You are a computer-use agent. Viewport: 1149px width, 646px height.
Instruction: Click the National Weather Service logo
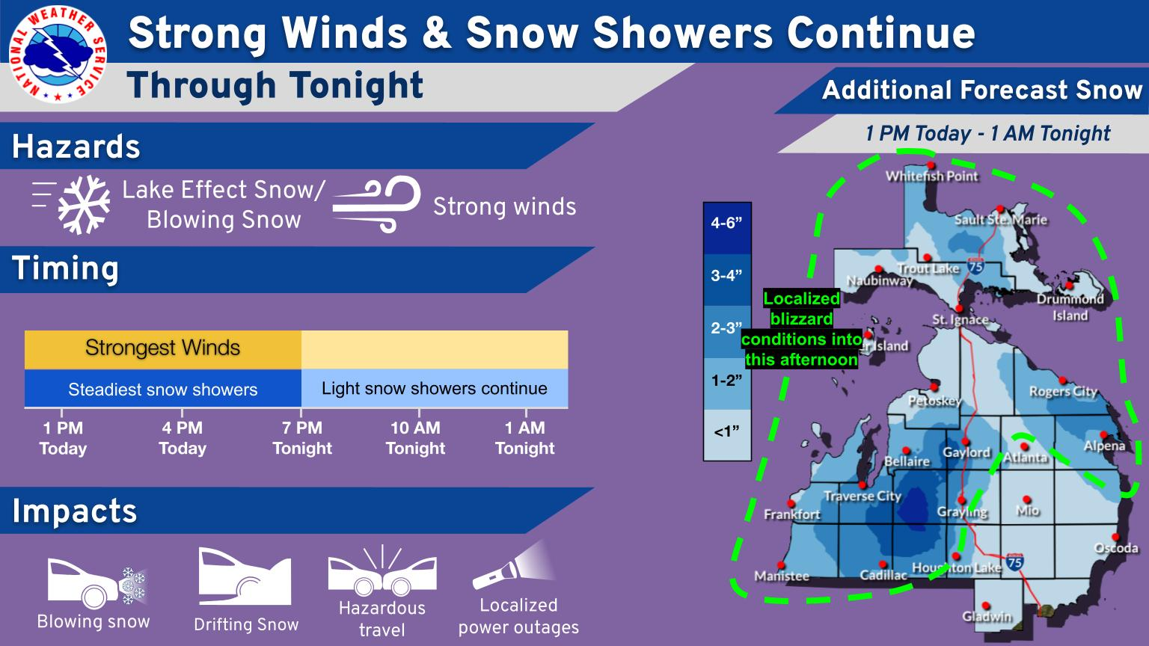58,55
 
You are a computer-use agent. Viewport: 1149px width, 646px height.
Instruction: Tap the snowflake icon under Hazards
84,205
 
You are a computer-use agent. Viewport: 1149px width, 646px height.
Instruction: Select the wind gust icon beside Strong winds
376,204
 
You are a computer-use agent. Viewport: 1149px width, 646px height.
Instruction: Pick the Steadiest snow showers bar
162,389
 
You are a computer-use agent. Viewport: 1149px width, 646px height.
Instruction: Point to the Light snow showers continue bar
435,389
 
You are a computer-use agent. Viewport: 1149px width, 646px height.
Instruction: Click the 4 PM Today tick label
182,438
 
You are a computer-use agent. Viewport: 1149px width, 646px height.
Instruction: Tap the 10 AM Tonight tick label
415,438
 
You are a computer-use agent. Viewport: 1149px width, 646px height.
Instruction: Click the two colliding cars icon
382,571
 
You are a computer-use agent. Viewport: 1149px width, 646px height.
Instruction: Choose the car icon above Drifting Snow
245,576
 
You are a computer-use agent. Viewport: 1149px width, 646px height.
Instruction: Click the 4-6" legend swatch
727,229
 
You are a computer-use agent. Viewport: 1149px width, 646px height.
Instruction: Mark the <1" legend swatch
727,434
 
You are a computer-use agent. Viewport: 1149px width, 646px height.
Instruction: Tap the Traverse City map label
862,496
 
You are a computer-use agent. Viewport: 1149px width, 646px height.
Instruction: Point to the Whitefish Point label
931,176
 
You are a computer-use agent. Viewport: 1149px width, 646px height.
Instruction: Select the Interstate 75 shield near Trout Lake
975,265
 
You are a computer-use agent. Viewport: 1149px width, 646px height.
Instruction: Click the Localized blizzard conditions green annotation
801,329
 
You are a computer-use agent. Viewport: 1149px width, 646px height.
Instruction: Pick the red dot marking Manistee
781,565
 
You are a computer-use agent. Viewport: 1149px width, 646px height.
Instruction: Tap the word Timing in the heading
65,268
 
